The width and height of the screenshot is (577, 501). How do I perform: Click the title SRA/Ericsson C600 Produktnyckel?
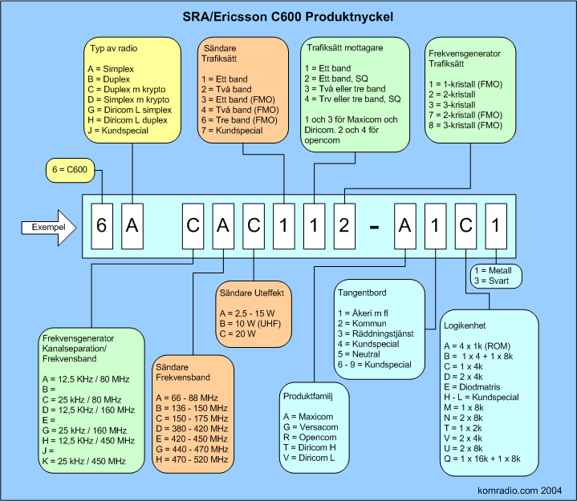click(x=288, y=17)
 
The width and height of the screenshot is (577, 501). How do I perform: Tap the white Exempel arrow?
click(x=49, y=228)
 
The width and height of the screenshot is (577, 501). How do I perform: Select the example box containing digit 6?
click(x=102, y=226)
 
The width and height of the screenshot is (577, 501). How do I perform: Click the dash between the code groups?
click(x=374, y=228)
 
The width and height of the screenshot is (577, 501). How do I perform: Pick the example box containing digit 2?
click(x=344, y=226)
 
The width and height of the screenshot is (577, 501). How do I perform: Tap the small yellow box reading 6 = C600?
click(x=70, y=170)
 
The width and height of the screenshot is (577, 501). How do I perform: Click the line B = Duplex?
click(x=109, y=79)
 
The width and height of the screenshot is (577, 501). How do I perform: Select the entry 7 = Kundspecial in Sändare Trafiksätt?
click(x=232, y=131)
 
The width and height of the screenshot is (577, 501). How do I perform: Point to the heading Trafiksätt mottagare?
click(x=345, y=48)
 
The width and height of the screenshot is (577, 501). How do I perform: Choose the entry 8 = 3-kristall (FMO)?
click(x=465, y=125)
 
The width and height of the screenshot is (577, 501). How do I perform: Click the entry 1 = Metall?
click(x=493, y=270)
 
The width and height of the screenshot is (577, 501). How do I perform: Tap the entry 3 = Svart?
click(x=492, y=281)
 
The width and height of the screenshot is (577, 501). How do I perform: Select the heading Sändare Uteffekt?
click(x=252, y=293)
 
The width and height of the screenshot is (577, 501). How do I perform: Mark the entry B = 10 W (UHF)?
click(x=250, y=324)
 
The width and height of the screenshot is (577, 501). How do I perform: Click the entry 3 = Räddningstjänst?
click(x=376, y=333)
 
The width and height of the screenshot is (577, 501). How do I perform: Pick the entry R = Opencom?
click(x=310, y=438)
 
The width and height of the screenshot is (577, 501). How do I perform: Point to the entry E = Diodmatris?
click(x=472, y=387)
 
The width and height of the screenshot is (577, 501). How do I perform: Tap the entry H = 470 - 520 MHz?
click(x=192, y=459)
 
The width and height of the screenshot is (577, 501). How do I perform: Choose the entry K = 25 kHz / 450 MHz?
click(x=84, y=461)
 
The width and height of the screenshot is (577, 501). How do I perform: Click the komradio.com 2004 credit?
click(x=519, y=491)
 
